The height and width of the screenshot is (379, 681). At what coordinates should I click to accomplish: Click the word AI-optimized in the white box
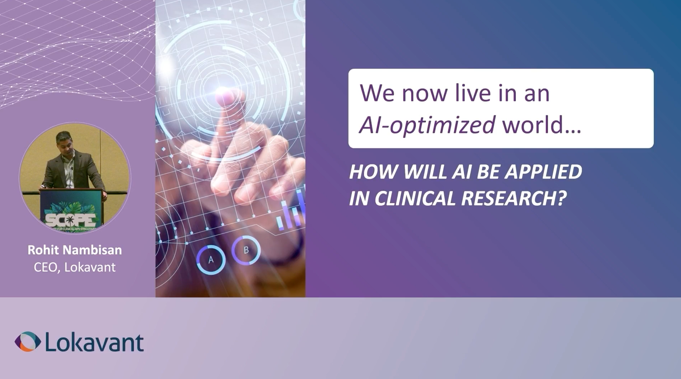[427, 125]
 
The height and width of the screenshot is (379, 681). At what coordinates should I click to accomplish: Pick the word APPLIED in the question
[544, 172]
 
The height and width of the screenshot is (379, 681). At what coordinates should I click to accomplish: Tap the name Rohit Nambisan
[75, 250]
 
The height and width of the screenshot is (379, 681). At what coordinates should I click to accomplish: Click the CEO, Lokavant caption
[75, 268]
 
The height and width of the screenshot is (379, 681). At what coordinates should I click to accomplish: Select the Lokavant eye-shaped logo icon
[28, 342]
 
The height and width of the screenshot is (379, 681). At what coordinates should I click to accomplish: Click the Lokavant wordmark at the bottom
[94, 342]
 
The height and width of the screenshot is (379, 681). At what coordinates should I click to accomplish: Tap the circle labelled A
[211, 260]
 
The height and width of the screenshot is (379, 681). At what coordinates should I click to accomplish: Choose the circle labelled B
[246, 250]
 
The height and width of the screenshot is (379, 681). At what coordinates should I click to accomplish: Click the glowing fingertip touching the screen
[227, 95]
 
